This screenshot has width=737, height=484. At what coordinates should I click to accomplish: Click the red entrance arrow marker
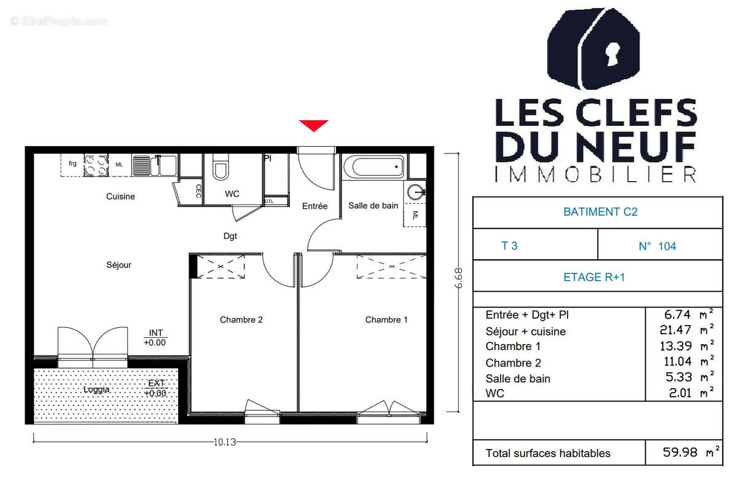(314, 125)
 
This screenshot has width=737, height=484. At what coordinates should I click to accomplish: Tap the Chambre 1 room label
(386, 320)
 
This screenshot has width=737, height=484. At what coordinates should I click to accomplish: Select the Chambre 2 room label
(241, 320)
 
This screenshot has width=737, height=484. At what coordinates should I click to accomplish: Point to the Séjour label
(119, 265)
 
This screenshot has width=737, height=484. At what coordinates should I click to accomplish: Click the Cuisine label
(120, 197)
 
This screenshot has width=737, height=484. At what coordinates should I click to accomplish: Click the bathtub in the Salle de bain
(374, 166)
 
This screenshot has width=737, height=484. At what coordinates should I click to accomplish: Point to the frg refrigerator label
(72, 163)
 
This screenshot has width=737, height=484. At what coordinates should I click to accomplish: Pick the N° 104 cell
(657, 246)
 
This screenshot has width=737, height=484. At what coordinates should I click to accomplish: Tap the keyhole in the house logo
(611, 55)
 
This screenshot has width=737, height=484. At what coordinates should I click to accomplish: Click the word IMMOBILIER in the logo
(596, 174)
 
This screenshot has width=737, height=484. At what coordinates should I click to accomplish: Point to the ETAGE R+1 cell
(594, 277)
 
